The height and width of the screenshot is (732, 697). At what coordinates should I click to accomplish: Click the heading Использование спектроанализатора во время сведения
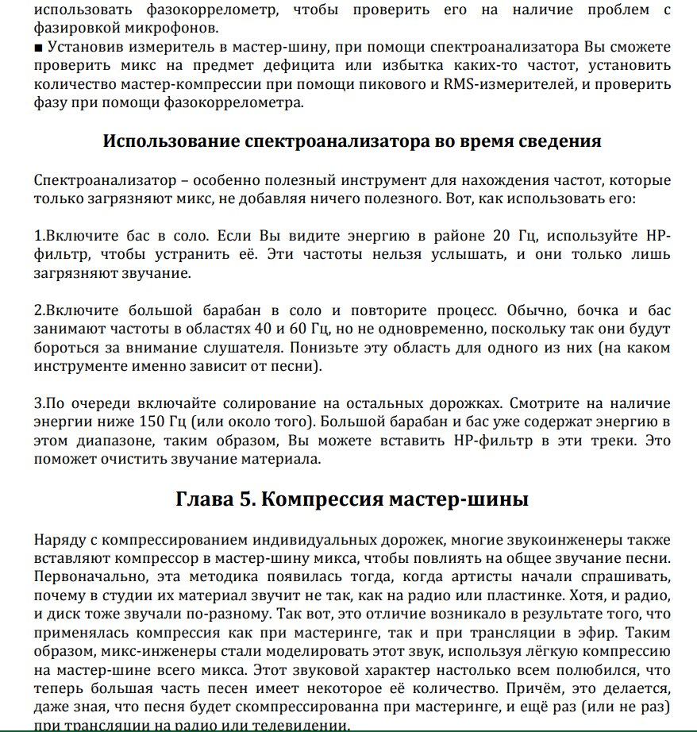click(352, 141)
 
